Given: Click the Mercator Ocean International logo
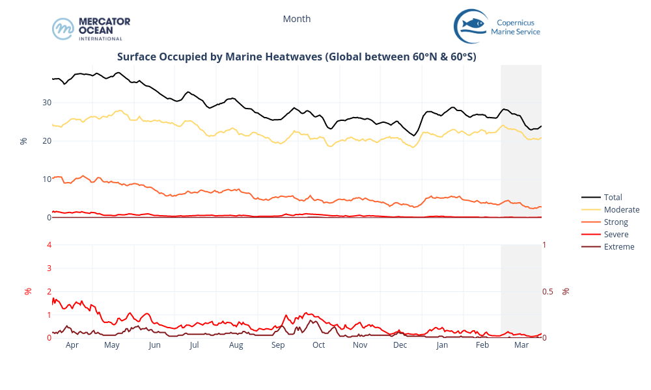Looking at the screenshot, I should point(91,29).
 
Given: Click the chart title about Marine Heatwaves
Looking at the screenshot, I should point(297,57).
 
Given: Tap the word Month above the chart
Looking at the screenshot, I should point(297,19).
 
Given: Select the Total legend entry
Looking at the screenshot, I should point(613,197).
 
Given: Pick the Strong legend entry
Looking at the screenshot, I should point(616,222).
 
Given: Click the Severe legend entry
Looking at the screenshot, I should point(616,235).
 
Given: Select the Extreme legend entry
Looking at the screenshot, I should point(618,247).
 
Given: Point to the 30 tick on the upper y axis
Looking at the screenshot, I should point(47,103).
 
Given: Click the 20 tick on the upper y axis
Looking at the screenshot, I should point(47,141).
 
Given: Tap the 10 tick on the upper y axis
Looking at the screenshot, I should point(47,179).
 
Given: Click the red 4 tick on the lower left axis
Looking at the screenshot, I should point(49,244).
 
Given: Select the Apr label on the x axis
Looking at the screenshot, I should point(72,345).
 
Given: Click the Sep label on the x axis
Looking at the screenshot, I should point(278,345).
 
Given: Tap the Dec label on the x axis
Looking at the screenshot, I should point(400,345).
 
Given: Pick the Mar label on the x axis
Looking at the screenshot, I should point(521,345).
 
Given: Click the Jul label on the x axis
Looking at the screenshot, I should point(195,345).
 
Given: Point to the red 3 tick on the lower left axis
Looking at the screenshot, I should point(49,268).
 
